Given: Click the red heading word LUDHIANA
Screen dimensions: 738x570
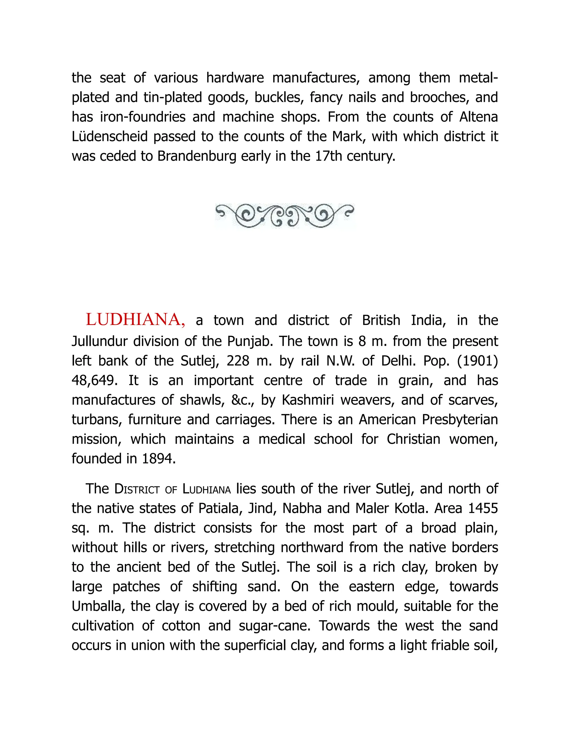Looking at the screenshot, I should tap(135, 320).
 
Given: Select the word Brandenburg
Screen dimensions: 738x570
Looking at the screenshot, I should tap(197, 156).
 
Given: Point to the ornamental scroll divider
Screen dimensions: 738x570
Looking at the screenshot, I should tap(285, 216).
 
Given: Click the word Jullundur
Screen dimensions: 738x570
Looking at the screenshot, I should tap(99, 341).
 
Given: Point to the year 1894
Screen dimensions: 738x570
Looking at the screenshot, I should tap(157, 459).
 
